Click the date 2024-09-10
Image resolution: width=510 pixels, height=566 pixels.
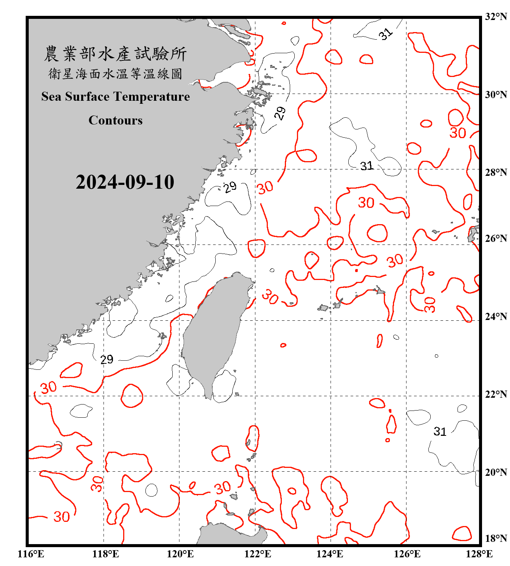pos(125,182)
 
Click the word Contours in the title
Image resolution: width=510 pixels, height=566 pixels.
pos(116,120)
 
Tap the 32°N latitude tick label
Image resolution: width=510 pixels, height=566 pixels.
pos(496,17)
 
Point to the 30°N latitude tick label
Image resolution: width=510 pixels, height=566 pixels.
pos(496,95)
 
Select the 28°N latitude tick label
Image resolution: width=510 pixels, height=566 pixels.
pos(496,172)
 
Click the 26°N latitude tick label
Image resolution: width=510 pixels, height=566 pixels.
pos(496,238)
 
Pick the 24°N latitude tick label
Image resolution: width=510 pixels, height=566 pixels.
pos(496,317)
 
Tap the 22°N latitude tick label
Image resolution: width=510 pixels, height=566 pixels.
pos(496,394)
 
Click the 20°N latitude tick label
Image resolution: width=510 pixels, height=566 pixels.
pos(496,472)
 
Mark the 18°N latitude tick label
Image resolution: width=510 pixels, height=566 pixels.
pos(496,538)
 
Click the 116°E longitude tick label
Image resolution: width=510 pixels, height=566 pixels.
pos(31,554)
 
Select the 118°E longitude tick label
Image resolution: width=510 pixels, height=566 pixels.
pos(106,554)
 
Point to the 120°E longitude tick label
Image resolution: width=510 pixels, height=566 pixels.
pos(181,554)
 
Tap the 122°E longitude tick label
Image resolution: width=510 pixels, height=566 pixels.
pos(258,554)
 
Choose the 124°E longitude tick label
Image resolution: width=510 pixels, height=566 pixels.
pos(330,554)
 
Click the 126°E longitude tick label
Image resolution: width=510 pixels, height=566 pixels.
pos(407,554)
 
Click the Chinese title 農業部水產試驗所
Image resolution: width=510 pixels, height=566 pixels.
pos(115,54)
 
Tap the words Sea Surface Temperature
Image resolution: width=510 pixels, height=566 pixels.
pos(116,97)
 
